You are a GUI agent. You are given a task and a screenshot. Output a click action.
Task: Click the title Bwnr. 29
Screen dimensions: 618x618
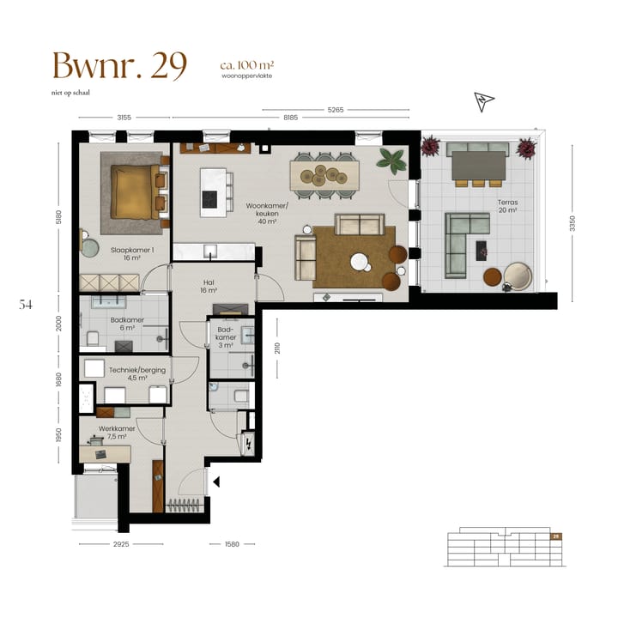[119, 66]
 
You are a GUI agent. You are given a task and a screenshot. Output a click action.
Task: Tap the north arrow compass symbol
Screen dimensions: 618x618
[485, 102]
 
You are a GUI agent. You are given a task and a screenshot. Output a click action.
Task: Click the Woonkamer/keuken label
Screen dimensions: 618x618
[268, 212]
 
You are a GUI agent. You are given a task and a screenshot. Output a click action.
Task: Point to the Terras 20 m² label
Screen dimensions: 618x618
[507, 206]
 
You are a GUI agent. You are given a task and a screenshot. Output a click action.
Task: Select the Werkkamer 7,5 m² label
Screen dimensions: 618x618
[112, 431]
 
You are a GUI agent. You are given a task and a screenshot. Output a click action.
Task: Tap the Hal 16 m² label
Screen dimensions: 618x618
[209, 286]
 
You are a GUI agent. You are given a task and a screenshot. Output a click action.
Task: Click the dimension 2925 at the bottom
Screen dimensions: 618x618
[119, 543]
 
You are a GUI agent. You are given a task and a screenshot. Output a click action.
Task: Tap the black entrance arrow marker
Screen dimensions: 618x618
[216, 482]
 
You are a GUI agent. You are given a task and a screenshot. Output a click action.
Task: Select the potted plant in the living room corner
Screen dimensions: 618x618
[392, 161]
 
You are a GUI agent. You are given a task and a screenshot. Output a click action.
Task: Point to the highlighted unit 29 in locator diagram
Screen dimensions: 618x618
[556, 536]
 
